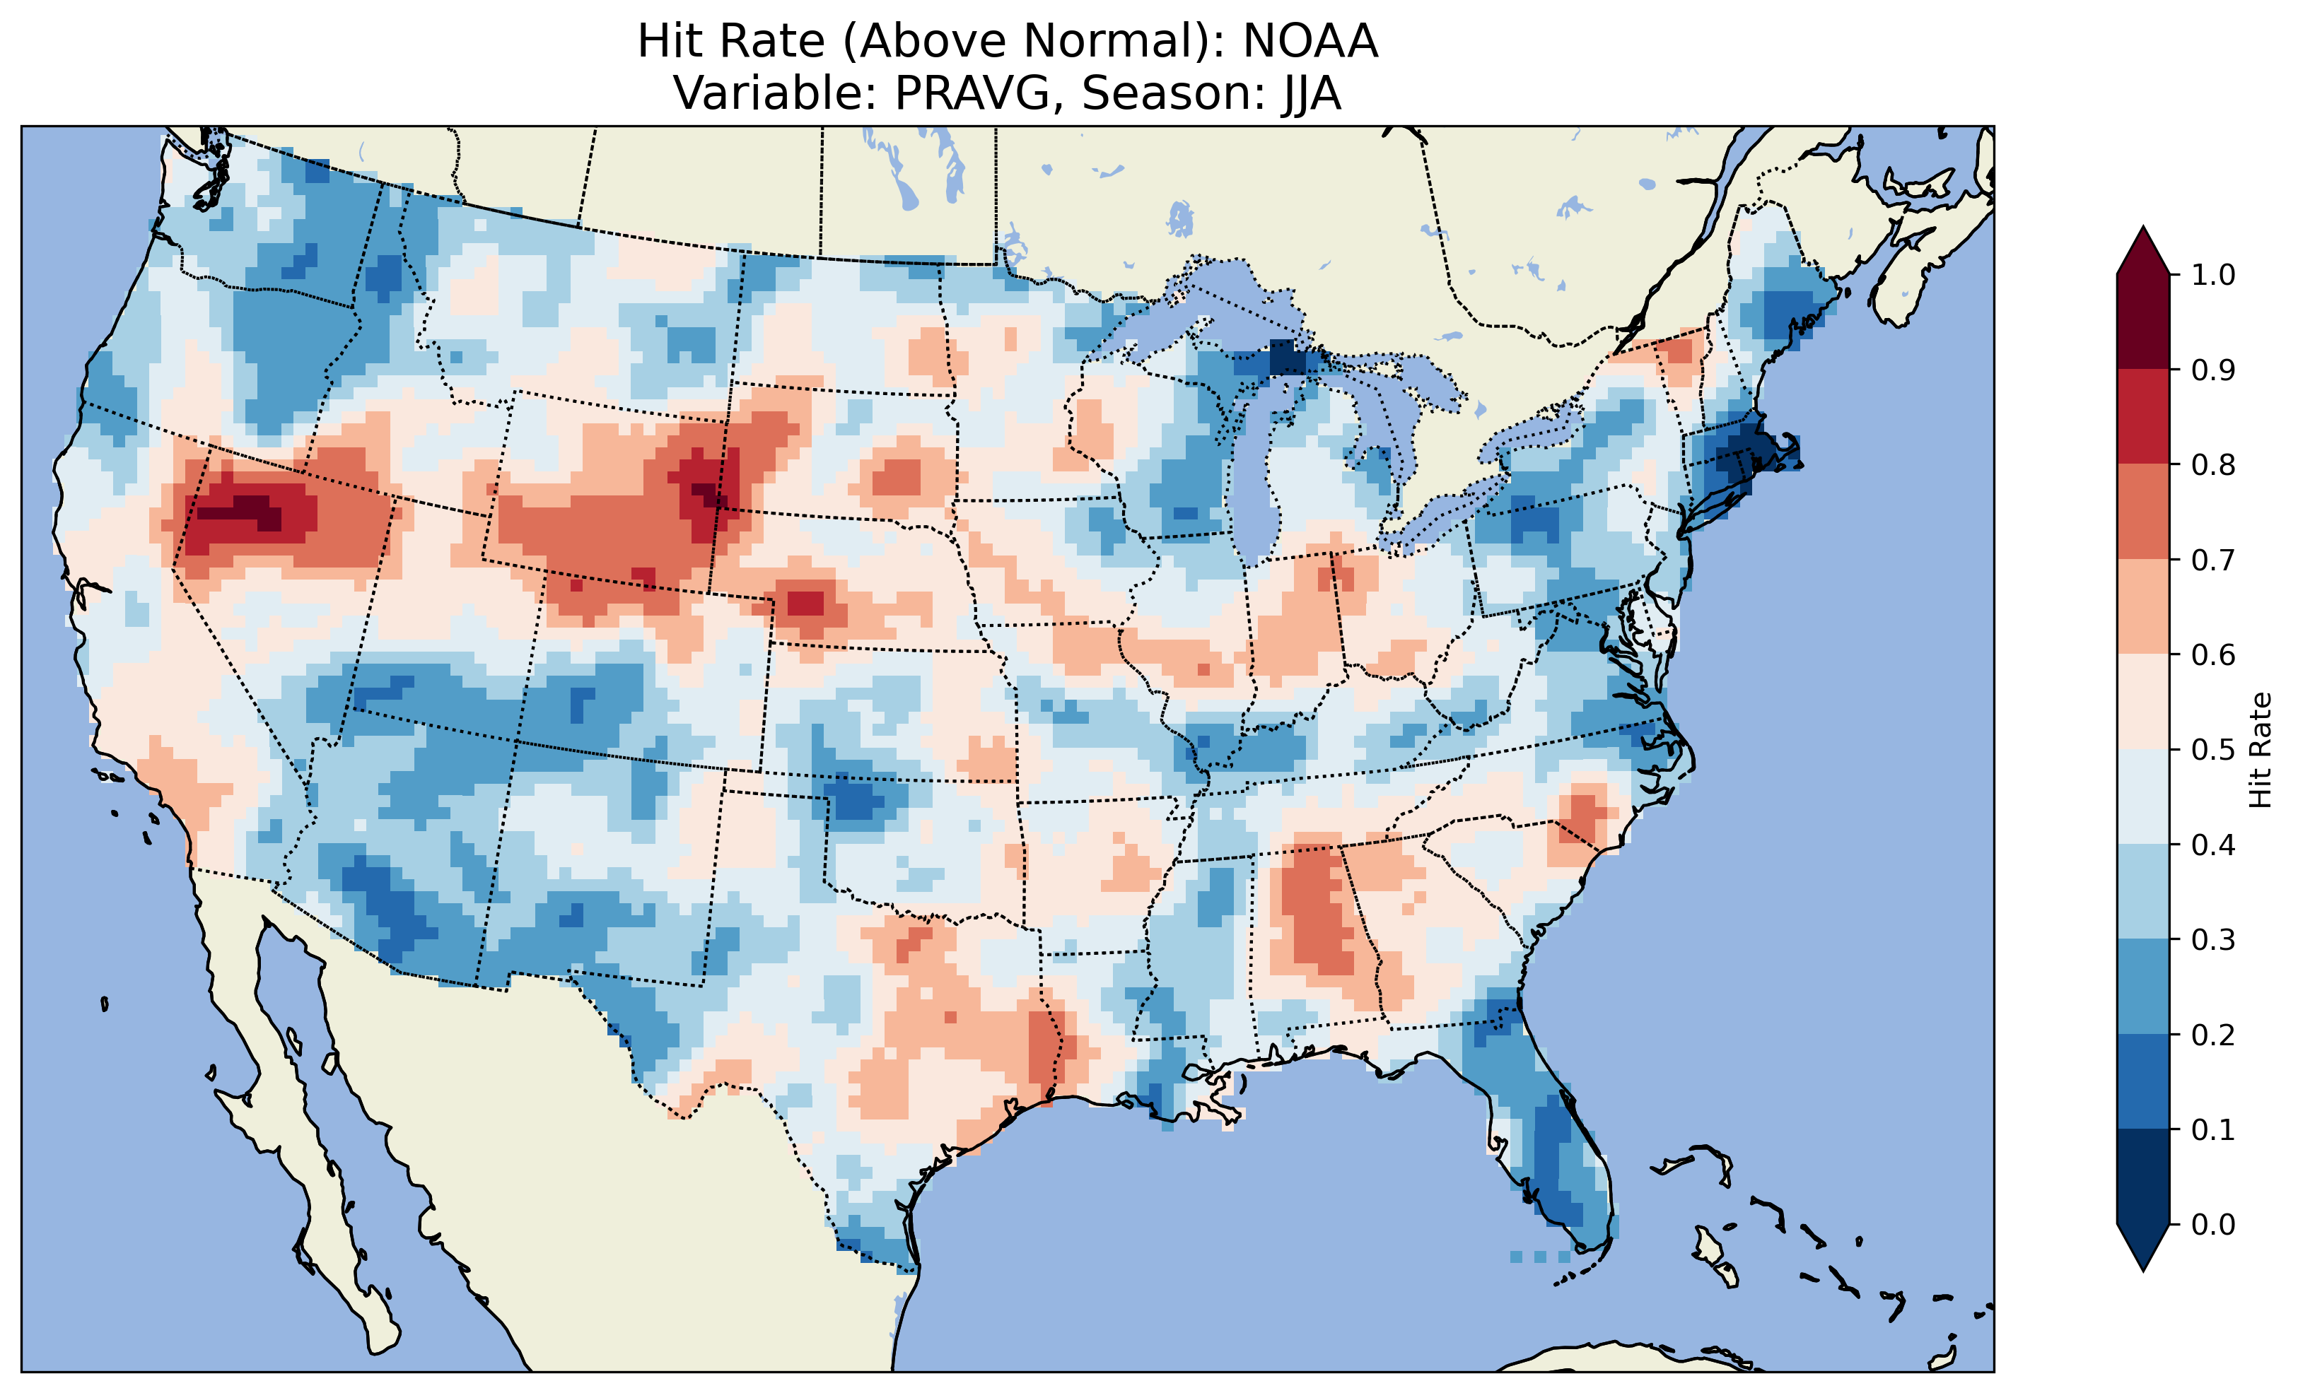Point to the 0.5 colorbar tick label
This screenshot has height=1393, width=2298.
2213,750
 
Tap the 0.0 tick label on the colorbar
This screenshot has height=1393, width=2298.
2213,1224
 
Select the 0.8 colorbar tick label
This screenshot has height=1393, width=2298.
2213,464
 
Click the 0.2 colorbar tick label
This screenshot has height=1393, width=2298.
2213,1035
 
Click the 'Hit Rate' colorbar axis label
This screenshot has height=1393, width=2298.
2261,750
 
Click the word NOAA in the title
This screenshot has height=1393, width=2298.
1310,42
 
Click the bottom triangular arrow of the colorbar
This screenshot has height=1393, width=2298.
2143,1247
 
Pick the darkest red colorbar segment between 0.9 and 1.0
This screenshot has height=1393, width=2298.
2143,322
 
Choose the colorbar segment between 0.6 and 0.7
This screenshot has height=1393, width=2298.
2143,606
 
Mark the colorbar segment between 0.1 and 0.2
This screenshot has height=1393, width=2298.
2143,1081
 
